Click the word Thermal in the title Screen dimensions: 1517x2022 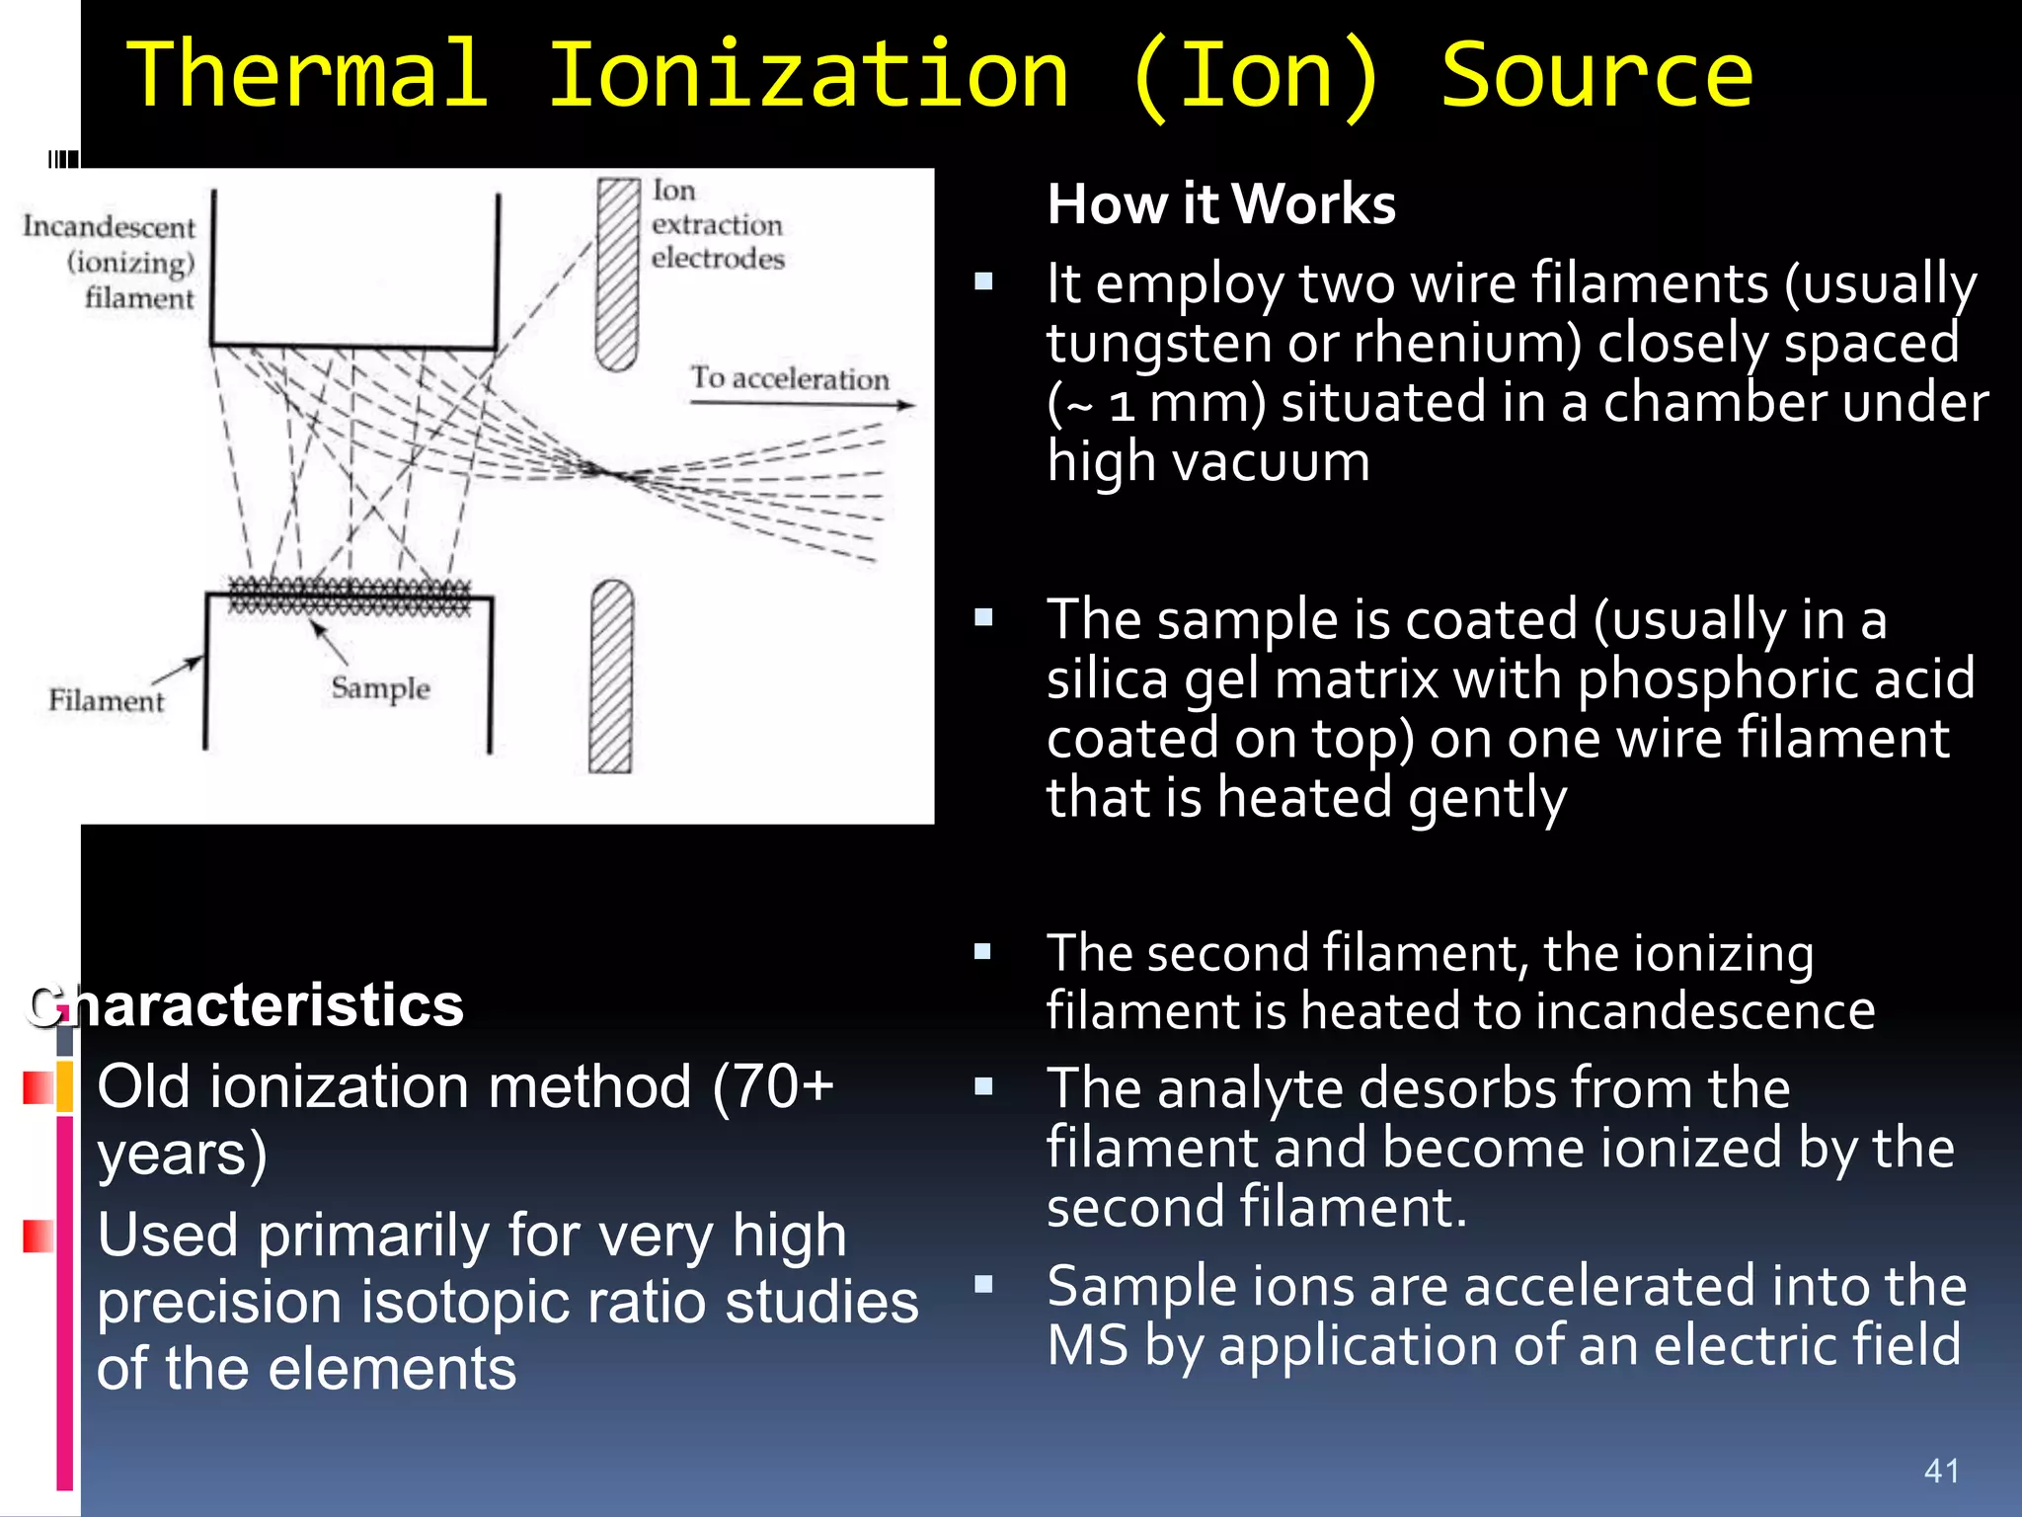(x=308, y=75)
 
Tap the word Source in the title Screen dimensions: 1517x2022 (x=1595, y=75)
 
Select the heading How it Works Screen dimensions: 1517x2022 (x=1221, y=204)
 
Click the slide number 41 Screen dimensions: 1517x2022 (x=1941, y=1471)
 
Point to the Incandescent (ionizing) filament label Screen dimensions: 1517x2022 (x=111, y=263)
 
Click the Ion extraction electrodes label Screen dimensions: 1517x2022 (x=717, y=225)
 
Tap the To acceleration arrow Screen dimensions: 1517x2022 (x=802, y=403)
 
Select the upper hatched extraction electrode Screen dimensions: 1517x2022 (x=618, y=275)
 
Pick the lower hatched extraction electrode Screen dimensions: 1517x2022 (x=611, y=677)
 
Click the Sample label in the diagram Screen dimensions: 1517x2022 (x=380, y=687)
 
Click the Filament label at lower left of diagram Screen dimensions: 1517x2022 (x=107, y=701)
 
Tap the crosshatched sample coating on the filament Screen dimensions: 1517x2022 (x=350, y=597)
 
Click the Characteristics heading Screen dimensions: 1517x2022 (x=247, y=1005)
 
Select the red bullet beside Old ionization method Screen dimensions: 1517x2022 (x=38, y=1087)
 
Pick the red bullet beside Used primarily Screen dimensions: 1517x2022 (x=38, y=1236)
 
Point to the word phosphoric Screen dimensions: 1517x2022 (x=1717, y=679)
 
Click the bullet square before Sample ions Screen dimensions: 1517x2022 (x=982, y=1284)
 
